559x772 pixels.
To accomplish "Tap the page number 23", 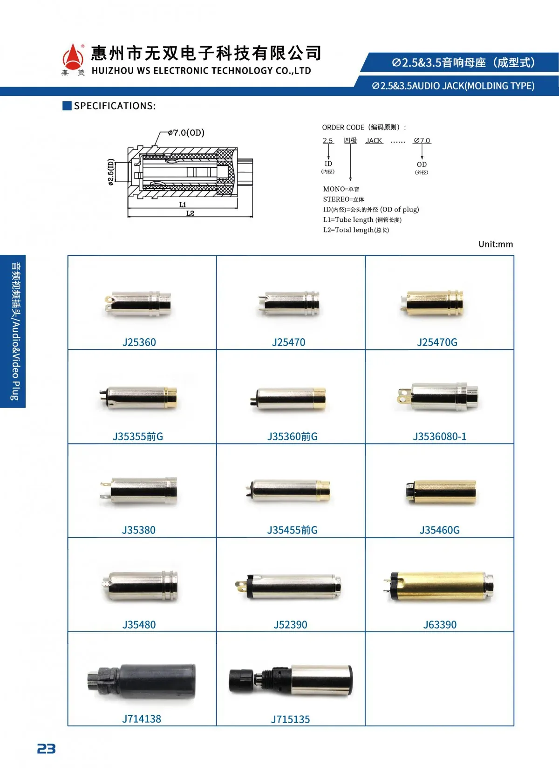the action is (x=46, y=749).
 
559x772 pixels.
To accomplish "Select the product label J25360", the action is (x=139, y=342).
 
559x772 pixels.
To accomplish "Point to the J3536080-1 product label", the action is (x=440, y=437).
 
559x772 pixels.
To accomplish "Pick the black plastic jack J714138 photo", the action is (x=141, y=681).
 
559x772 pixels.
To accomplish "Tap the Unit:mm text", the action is (x=496, y=244).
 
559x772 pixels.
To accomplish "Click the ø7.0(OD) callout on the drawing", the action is (x=186, y=133).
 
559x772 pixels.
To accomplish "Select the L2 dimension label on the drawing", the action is (x=190, y=213).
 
